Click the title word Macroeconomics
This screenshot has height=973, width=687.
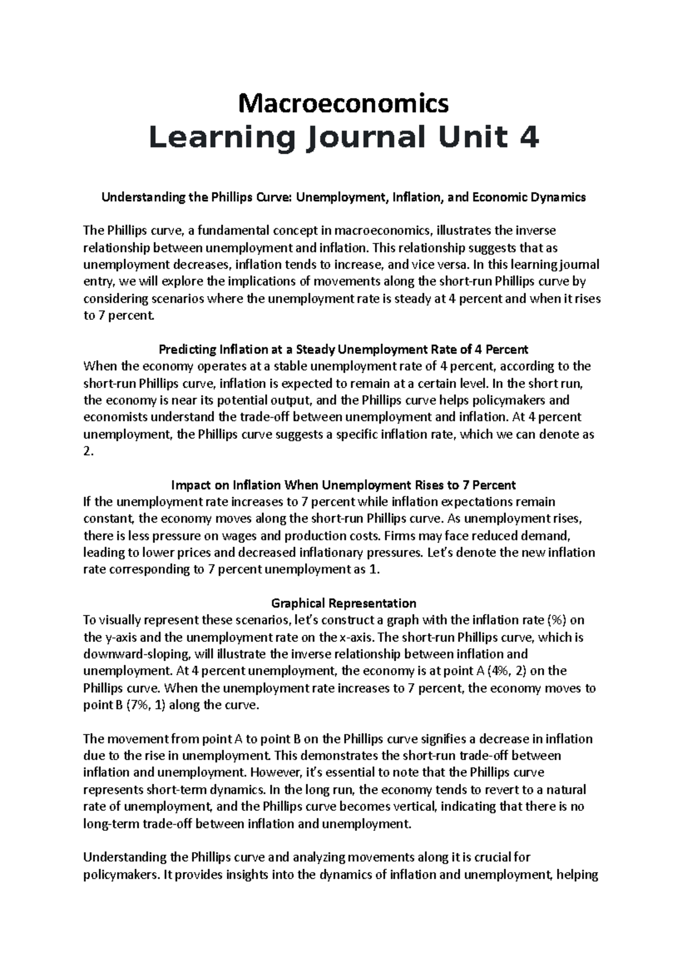(x=343, y=104)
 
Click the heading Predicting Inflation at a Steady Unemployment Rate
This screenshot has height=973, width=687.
(x=343, y=350)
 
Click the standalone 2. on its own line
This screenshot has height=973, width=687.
(x=88, y=452)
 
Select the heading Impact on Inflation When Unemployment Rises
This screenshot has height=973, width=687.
(x=343, y=485)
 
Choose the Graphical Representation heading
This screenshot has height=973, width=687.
(x=343, y=603)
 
